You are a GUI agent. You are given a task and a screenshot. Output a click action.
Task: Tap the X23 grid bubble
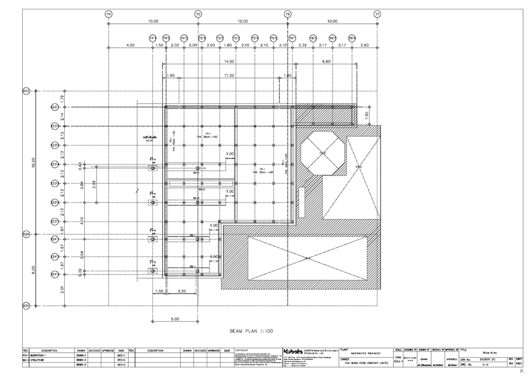coord(25,91)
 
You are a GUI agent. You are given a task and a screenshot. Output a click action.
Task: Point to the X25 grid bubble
coord(25,305)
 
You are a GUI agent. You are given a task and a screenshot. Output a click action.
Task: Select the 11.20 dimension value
coord(228,75)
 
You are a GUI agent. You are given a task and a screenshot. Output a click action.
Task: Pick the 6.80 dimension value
coord(326,61)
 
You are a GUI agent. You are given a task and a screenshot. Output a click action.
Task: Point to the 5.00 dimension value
coord(175,318)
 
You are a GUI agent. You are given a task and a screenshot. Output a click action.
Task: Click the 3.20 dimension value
coord(181,290)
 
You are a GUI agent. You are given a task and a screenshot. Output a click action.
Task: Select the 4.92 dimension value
coord(131,44)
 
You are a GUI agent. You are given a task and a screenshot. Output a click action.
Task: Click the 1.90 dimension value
coord(366,115)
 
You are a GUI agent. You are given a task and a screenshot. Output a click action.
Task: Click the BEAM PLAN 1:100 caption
coord(253,331)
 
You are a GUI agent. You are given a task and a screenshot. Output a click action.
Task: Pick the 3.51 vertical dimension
coord(62,290)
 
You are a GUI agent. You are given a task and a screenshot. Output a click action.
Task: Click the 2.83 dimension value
coord(365,44)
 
